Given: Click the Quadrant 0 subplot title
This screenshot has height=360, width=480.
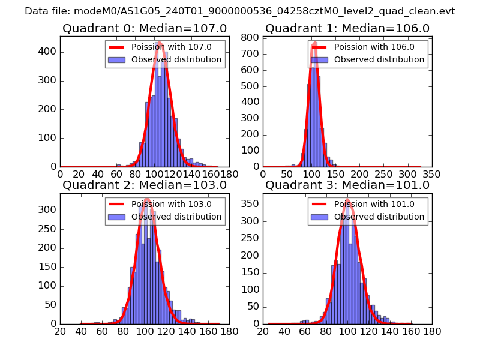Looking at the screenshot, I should tap(145, 28).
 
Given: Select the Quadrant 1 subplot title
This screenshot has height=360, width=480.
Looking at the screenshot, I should tap(347, 28).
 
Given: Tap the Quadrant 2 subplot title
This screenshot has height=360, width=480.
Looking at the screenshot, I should tap(145, 185).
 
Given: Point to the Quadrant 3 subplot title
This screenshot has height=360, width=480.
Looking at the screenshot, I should tap(347, 185).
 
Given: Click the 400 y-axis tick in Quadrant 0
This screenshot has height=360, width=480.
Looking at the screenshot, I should tap(48, 52).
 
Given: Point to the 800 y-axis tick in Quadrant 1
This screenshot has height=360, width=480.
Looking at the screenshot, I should tap(251, 37).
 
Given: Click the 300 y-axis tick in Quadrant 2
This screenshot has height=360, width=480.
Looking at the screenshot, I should tap(48, 211).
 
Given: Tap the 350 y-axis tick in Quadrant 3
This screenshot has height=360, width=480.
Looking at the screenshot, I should tap(251, 204).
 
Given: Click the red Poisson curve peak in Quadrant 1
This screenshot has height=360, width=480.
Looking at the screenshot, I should tap(314, 43).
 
